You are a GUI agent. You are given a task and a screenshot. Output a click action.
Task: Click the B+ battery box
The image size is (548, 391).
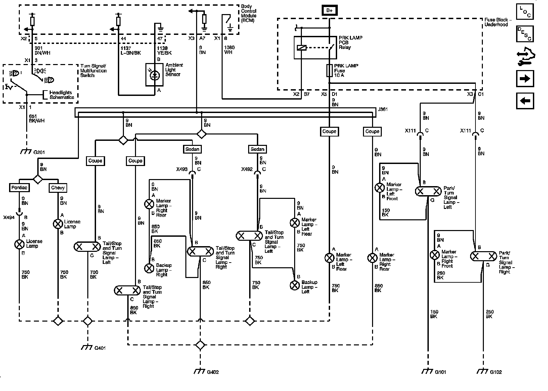329,10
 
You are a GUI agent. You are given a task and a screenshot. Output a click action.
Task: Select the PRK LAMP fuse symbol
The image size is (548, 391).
329,71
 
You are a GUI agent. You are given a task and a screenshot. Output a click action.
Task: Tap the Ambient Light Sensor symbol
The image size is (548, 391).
154,74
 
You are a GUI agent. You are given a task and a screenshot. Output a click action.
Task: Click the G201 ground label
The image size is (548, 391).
39,153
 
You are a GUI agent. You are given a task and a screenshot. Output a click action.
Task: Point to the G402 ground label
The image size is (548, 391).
213,372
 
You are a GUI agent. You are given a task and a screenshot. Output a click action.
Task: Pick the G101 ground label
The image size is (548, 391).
440,372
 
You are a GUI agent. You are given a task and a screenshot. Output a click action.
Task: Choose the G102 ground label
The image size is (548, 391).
496,372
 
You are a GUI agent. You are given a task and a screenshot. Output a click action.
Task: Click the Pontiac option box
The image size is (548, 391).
19,188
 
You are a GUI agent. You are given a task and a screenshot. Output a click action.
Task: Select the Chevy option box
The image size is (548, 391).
58,188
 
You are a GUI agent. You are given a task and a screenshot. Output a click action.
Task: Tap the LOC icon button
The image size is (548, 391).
525,11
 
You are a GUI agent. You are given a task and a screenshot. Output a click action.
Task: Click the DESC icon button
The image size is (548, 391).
525,34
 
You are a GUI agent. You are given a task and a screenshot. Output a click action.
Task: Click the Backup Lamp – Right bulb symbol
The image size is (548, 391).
149,268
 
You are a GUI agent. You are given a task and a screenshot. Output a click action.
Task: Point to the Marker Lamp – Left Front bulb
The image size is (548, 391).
380,188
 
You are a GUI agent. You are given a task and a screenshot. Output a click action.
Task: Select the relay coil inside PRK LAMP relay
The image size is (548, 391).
302,48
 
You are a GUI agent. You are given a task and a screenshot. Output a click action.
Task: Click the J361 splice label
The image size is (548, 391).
383,109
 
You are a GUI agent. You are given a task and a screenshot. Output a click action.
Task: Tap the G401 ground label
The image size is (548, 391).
100,348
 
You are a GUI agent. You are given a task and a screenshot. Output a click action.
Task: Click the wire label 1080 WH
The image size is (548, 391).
229,50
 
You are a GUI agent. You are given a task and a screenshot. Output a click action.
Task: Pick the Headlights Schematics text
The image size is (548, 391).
62,95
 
